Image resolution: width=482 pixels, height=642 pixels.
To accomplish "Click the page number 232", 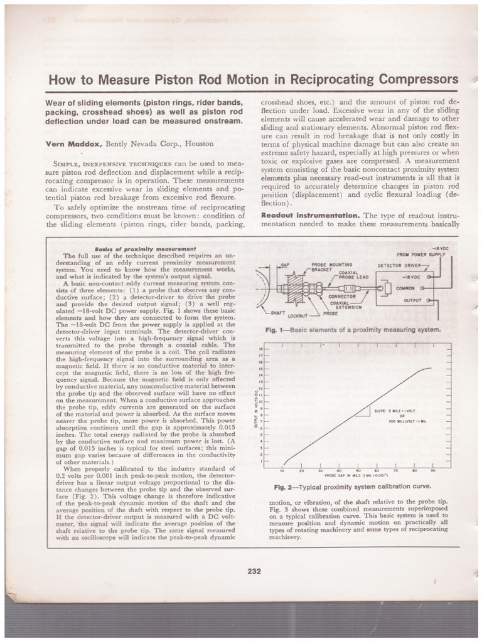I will pyautogui.click(x=254, y=571).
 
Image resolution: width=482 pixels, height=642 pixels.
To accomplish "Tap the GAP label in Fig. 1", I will pyautogui.click(x=285, y=265).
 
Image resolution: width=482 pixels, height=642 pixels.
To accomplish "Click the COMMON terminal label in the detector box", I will pyautogui.click(x=405, y=288).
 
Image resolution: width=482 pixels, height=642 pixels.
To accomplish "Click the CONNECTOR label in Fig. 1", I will pyautogui.click(x=342, y=296).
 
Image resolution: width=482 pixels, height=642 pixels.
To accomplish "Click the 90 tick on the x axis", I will pyautogui.click(x=433, y=470).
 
